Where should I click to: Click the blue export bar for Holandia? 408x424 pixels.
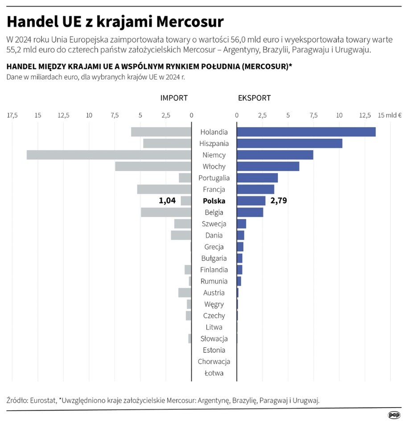pos(306,132)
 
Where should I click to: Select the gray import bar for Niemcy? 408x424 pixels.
pos(109,155)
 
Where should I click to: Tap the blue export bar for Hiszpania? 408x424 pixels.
pos(289,144)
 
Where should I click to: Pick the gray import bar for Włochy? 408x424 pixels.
pos(153,166)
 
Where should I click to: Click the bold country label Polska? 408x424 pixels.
pos(214,201)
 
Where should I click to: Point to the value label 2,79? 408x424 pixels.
pos(279,201)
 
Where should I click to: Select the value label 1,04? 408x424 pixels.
pos(167,201)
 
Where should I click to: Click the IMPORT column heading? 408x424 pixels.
pos(174,98)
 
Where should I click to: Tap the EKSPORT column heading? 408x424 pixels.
pos(254,98)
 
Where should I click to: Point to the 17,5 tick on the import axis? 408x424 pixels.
pos(12,115)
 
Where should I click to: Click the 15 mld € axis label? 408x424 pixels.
pos(390,115)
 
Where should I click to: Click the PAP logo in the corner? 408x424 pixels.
pos(394,415)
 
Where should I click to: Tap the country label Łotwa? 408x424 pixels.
pos(214,373)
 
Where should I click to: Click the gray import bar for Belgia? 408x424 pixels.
pos(166,212)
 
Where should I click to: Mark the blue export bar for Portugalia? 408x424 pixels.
pos(257,178)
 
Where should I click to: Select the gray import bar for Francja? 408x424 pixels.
pos(164,189)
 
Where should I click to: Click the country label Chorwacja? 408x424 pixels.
pos(214,362)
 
